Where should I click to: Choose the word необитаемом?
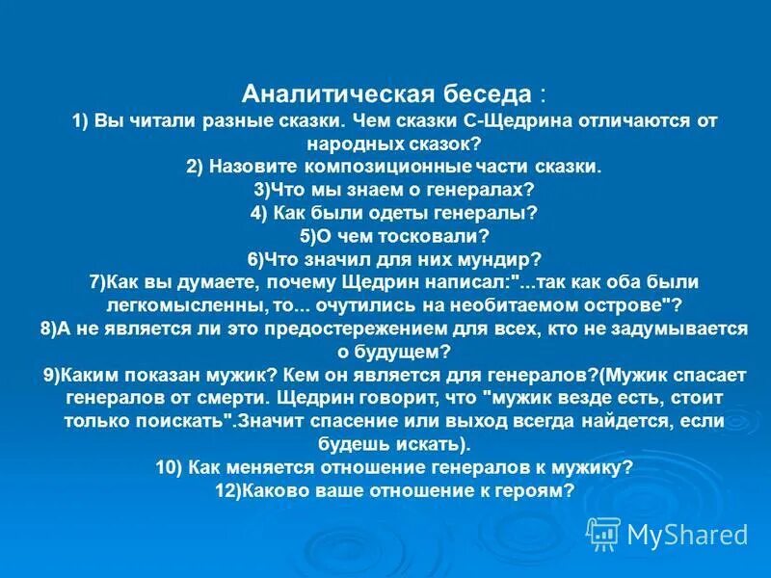point(546,305)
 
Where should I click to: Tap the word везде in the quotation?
point(540,397)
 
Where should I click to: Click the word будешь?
point(350,443)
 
